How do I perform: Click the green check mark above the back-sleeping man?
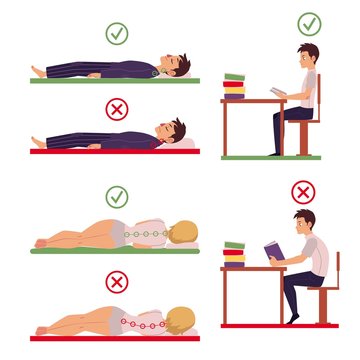(118, 34)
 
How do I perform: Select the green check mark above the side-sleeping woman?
(118, 194)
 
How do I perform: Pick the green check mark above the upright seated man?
(309, 23)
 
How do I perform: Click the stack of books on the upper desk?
(235, 87)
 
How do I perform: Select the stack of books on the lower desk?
(235, 254)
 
